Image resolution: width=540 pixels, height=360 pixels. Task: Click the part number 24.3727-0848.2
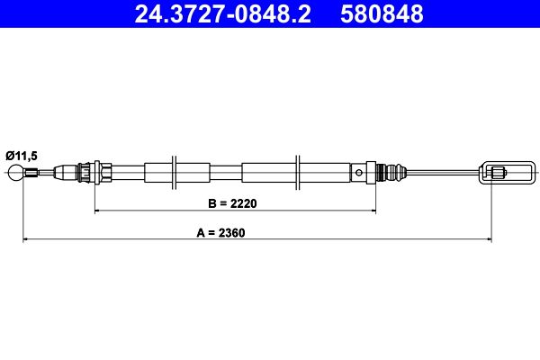point(222,14)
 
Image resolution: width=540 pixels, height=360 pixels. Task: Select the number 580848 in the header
point(382,14)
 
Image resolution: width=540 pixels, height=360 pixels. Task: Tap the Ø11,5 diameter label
point(22,156)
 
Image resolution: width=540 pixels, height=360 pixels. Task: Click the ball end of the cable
point(15,172)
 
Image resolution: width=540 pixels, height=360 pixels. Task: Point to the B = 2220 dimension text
point(232,203)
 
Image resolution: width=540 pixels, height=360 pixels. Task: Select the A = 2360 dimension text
point(220,233)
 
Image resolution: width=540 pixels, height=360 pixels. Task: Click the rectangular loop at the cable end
point(508,172)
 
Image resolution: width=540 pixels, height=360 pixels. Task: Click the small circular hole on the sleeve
point(359,172)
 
